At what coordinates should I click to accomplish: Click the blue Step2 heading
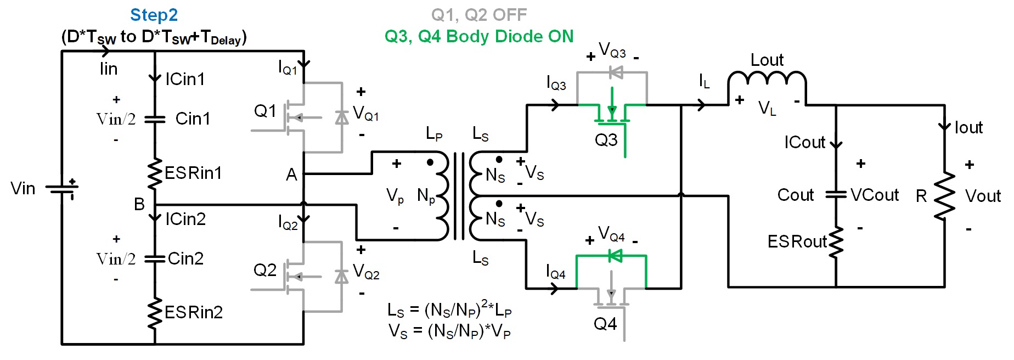tap(154, 15)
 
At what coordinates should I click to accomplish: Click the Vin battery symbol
tap(62, 189)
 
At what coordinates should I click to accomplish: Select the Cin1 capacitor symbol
tap(155, 119)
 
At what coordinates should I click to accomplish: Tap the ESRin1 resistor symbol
tap(155, 173)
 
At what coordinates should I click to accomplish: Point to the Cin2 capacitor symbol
tap(155, 258)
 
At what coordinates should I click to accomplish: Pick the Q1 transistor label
tap(265, 111)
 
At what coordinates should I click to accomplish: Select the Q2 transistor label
tap(265, 270)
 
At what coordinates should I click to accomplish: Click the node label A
tap(291, 175)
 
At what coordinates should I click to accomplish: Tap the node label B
tap(139, 204)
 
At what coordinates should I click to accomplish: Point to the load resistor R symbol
tap(944, 196)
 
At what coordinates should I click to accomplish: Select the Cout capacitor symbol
tap(836, 194)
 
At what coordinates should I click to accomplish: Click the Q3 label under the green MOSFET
tap(606, 140)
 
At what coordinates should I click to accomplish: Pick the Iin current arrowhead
tap(105, 52)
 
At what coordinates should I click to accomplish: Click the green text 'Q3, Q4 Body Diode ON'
tap(479, 37)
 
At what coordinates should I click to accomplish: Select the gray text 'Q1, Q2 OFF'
tap(479, 15)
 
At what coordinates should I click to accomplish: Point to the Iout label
tap(968, 128)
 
